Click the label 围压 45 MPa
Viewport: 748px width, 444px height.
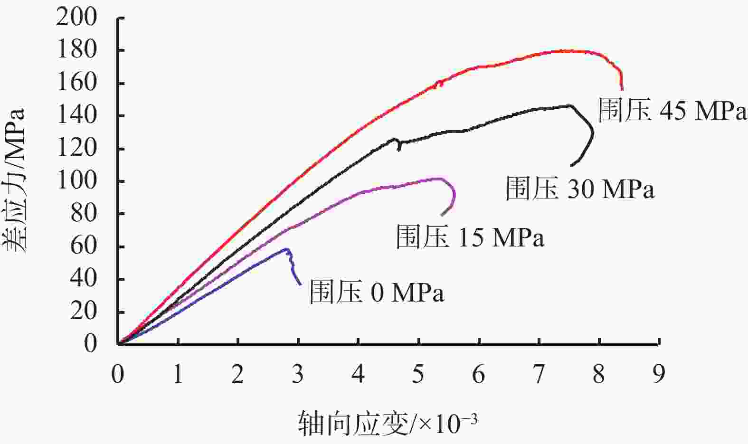(672, 111)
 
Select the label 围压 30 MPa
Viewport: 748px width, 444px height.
(580, 189)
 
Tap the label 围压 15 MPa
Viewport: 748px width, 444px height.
(470, 237)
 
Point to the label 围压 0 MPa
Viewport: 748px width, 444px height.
(377, 292)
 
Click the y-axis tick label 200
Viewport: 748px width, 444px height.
(76, 18)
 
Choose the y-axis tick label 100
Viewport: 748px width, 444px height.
(76, 181)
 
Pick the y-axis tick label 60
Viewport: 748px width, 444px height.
(83, 247)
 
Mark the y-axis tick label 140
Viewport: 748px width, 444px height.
(76, 116)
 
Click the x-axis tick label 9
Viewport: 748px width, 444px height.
(659, 375)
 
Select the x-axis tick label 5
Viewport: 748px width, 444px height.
(418, 375)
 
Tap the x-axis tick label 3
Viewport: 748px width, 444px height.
(298, 375)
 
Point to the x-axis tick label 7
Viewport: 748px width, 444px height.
(539, 375)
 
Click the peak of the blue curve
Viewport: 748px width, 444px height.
(286, 249)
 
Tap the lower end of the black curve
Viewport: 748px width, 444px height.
(571, 166)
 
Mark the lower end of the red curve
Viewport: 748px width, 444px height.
(622, 89)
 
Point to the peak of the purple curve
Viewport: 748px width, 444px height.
(439, 179)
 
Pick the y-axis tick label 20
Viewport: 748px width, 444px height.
(83, 312)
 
